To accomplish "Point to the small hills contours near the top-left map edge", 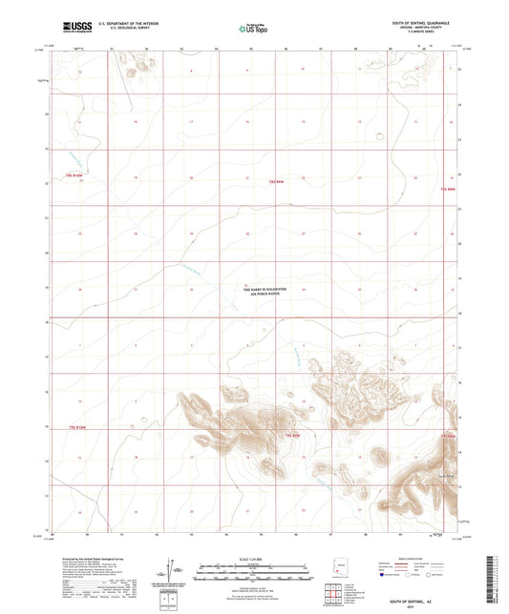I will click(x=142, y=64).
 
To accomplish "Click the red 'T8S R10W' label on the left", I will click(x=75, y=175).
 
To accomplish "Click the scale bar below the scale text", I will click(x=252, y=571).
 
